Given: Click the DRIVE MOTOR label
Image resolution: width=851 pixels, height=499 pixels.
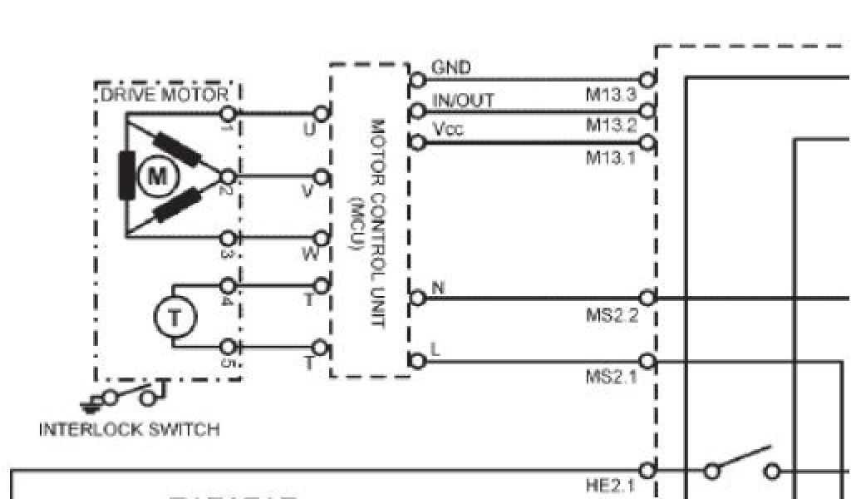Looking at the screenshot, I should [165, 95].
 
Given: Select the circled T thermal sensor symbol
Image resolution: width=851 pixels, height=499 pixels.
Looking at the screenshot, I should [175, 317].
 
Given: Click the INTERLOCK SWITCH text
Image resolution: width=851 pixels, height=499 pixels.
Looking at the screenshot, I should [130, 430].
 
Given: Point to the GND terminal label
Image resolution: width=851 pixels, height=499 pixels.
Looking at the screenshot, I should [451, 67].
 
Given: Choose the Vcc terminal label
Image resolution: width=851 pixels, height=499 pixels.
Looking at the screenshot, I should [448, 130].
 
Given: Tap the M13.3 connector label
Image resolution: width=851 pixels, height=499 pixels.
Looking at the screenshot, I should [611, 95].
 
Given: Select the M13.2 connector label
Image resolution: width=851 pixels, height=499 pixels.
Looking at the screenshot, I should [611, 126].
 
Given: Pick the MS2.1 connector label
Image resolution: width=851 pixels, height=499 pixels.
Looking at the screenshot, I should [612, 378].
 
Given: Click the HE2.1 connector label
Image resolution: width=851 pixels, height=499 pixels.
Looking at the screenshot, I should [611, 486].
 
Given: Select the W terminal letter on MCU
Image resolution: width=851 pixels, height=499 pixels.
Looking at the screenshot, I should [310, 254].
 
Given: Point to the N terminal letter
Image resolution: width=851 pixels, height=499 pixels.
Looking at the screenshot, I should [439, 288].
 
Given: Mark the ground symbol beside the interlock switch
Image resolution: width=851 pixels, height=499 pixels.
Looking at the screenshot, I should [91, 404].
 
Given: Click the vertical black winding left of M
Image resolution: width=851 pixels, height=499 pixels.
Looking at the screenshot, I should [127, 176].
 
